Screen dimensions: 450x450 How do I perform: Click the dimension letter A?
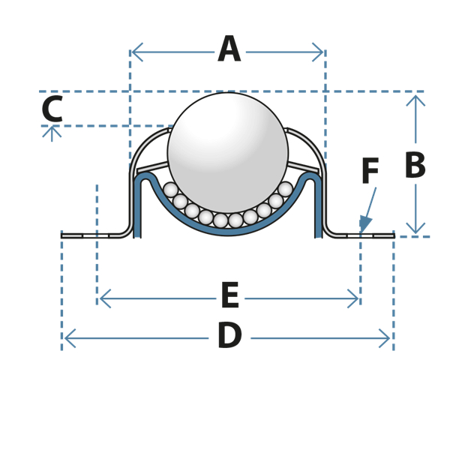click(x=229, y=49)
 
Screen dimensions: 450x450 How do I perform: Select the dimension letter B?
click(x=415, y=165)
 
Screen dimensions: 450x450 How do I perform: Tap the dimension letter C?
click(x=52, y=109)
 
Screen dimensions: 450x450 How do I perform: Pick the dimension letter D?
click(x=229, y=335)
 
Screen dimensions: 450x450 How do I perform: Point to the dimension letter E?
click(x=230, y=295)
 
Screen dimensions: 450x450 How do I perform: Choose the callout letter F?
click(x=370, y=170)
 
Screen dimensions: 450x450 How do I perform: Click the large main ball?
click(x=228, y=153)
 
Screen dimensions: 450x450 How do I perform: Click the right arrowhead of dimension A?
click(x=318, y=52)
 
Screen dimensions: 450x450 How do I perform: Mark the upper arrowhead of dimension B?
click(x=415, y=101)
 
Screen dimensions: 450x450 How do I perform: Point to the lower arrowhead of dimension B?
click(x=415, y=228)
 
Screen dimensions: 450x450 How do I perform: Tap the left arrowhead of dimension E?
click(x=105, y=298)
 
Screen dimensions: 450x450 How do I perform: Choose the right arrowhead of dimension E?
click(x=352, y=298)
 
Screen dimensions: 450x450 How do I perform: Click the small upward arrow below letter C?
click(x=52, y=134)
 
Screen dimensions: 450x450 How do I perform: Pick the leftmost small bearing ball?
click(x=171, y=190)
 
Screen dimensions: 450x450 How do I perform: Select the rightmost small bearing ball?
click(x=285, y=189)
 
